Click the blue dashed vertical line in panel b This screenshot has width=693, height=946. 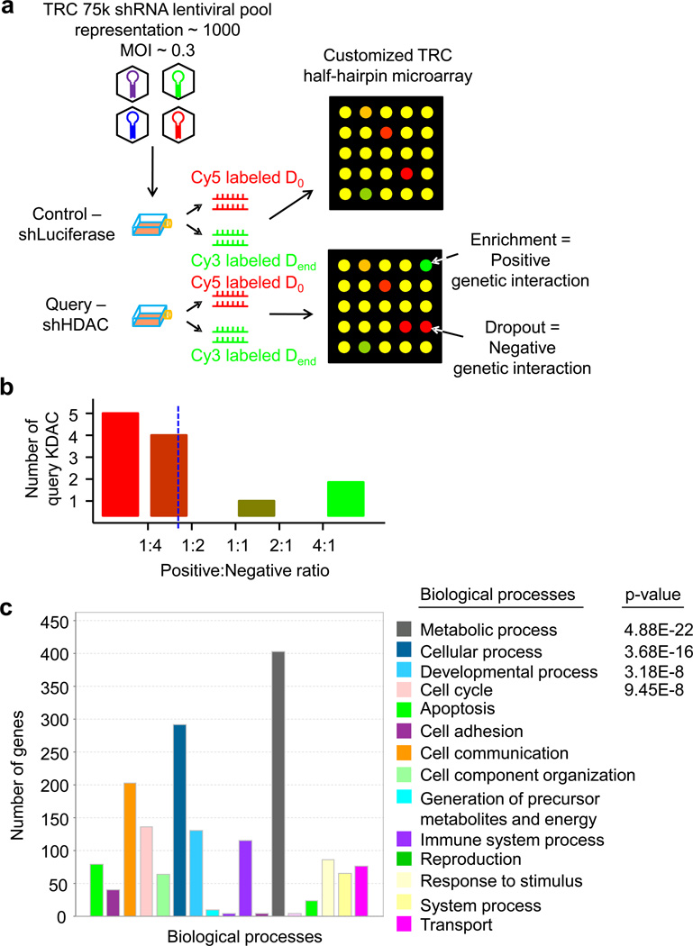point(178,450)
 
